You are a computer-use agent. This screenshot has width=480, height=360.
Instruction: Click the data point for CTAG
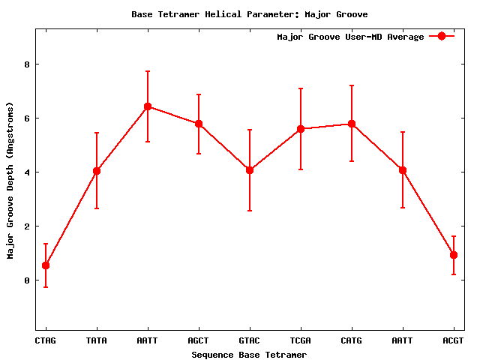pos(46,265)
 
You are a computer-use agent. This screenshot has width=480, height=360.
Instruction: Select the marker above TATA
pos(97,171)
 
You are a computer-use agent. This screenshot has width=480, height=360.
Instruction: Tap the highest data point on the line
pos(148,106)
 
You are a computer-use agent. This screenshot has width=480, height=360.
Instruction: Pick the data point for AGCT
pos(199,124)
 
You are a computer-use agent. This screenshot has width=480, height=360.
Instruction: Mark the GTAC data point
pos(250,170)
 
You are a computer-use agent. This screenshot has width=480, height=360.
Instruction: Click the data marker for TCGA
pos(301,129)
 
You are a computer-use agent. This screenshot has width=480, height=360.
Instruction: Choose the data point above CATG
pos(352,124)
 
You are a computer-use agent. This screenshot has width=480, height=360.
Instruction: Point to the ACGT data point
pos(454,255)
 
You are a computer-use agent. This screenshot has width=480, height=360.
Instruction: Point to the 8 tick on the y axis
pos(27,64)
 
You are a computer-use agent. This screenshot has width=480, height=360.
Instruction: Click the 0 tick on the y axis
pos(27,280)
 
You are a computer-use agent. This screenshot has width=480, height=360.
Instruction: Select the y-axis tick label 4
pos(27,172)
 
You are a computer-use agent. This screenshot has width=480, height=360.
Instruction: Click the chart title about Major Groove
pos(250,14)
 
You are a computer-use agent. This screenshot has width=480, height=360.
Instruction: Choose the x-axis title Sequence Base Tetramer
pos(250,355)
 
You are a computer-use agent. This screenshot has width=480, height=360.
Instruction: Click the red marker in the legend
pos(442,37)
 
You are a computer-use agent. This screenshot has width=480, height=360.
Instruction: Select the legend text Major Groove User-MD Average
pos(350,37)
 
